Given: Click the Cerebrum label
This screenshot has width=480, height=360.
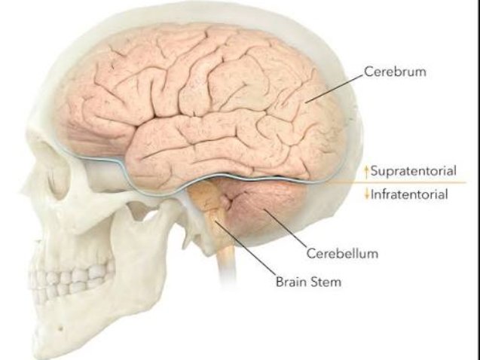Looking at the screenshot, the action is point(395,72).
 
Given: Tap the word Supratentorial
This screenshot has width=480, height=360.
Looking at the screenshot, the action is point(413,171).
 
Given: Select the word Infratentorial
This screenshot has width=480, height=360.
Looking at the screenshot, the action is point(409,194).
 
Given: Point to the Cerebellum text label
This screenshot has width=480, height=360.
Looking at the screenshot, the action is point(342,253).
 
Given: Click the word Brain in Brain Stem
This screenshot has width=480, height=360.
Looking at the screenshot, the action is point(291,282).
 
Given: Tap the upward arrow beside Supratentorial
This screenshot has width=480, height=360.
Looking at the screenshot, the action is point(366,172).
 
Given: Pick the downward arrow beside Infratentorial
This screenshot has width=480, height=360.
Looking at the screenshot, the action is point(366,194).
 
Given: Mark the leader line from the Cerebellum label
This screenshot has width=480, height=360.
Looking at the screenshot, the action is point(286,228).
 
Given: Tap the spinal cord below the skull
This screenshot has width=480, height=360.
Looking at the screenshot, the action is point(226,263).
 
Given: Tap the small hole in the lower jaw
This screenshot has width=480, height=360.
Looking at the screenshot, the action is point(60,329).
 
